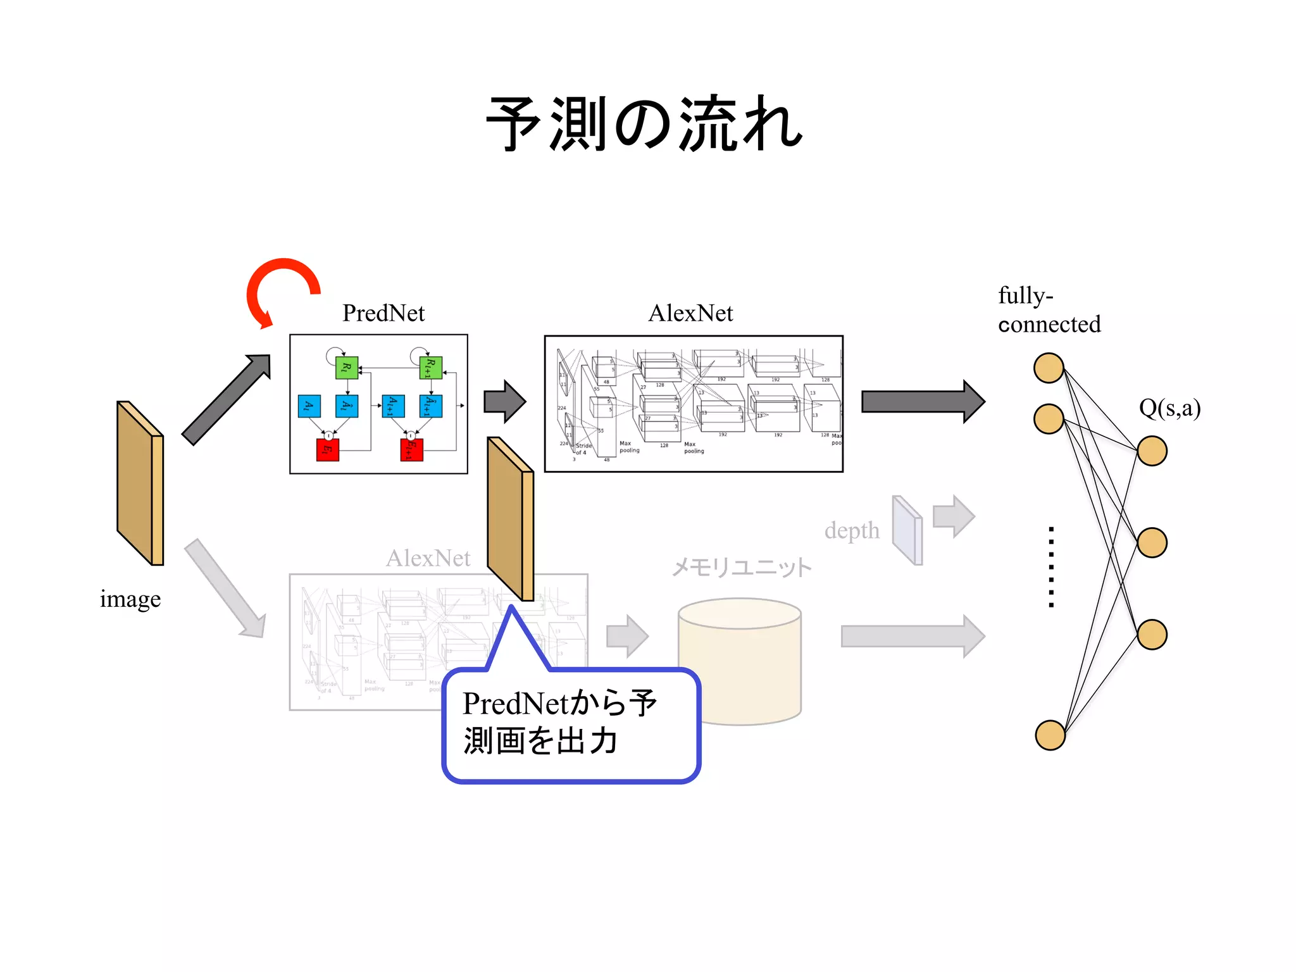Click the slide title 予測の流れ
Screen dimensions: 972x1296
click(x=644, y=125)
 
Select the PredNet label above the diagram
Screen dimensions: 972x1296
click(x=383, y=313)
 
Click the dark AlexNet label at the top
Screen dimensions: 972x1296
click(x=690, y=313)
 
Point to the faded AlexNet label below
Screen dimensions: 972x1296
click(x=428, y=558)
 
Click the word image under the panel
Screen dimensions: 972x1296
click(x=130, y=599)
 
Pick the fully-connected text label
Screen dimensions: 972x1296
click(x=1049, y=309)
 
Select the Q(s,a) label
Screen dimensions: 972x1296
click(x=1169, y=408)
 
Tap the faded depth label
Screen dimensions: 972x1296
click(x=852, y=530)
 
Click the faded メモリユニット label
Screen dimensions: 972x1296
click(x=741, y=567)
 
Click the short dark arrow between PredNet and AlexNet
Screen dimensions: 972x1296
click(x=504, y=402)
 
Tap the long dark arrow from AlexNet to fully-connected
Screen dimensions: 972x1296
click(x=922, y=402)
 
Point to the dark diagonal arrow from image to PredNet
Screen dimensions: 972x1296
click(x=225, y=401)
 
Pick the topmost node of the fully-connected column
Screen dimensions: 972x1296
click(x=1048, y=368)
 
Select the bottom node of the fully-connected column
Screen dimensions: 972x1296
click(x=1050, y=735)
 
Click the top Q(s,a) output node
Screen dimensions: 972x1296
click(x=1151, y=451)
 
